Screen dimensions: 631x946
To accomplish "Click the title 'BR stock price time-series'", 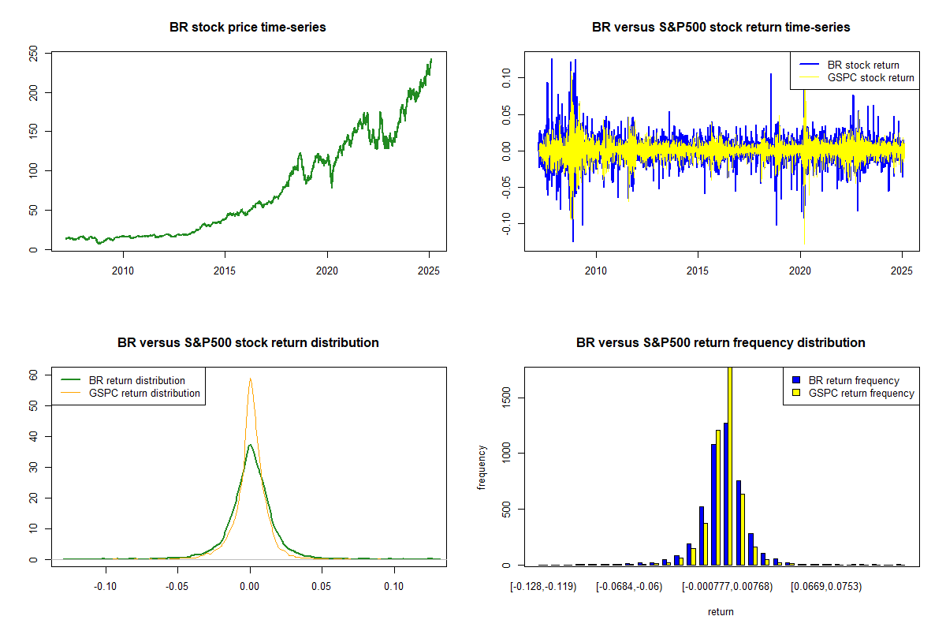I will [x=248, y=28].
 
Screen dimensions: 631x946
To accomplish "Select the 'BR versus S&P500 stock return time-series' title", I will [x=721, y=28].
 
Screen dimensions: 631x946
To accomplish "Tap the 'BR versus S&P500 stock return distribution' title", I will [x=248, y=343].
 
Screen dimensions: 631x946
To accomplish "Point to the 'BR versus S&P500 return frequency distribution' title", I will [x=721, y=343].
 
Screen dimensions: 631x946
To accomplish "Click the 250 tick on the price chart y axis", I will [x=33, y=54].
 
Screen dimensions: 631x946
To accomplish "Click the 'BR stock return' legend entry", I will [x=863, y=65].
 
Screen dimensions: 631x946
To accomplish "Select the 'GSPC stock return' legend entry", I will [x=870, y=77].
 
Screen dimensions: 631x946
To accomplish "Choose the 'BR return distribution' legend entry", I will [x=137, y=380].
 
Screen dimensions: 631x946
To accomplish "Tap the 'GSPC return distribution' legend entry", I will [x=144, y=393].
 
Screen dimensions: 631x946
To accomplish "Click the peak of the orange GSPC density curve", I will [x=250, y=379].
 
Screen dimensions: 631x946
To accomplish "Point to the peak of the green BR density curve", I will [x=250, y=445].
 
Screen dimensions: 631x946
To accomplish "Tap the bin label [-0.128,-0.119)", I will [x=543, y=587].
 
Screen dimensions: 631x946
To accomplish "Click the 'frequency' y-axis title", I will [x=482, y=467].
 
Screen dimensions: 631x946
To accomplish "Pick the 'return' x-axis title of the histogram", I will [x=721, y=611].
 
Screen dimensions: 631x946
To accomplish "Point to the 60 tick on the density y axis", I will [x=33, y=375].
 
